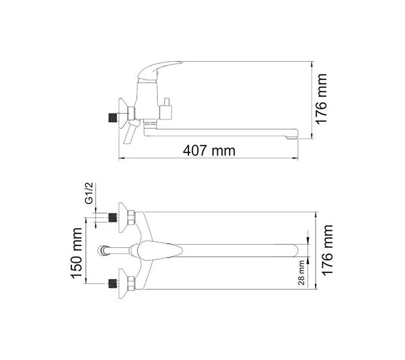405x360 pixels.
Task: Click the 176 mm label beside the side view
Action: click(x=322, y=99)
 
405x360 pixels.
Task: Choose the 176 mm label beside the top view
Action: click(x=328, y=250)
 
